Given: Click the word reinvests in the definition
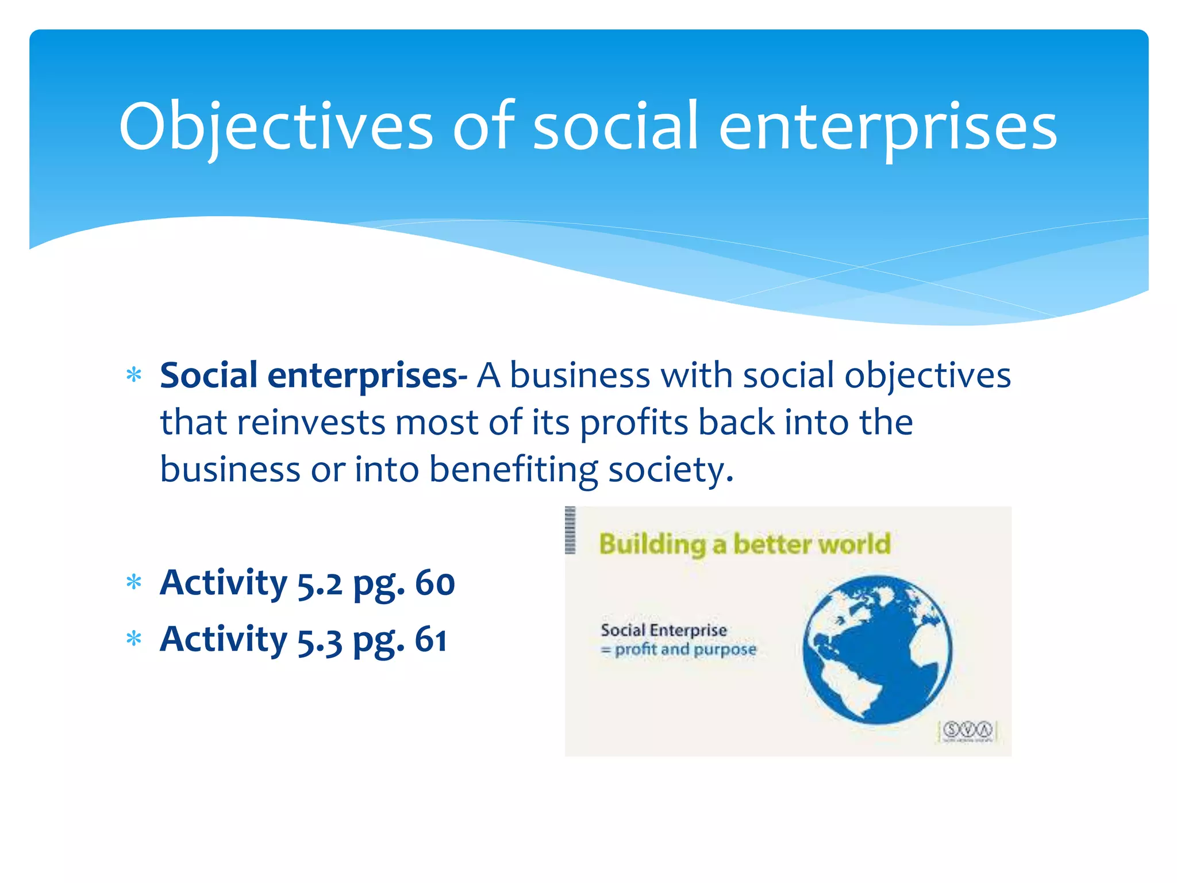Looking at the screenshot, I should (x=311, y=423).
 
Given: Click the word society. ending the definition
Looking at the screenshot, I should (x=671, y=470).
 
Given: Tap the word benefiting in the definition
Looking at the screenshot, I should (x=514, y=470).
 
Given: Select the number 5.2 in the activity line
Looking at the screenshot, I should (x=320, y=584).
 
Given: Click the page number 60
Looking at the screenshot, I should (x=434, y=583).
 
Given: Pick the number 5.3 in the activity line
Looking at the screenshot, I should (x=320, y=640).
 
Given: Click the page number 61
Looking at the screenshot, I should (x=431, y=639).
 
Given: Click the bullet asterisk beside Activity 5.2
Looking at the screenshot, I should (x=134, y=583).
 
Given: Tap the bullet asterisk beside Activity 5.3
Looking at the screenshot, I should (x=134, y=639).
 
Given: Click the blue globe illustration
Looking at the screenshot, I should (x=878, y=650).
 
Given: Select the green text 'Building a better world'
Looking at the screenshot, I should (x=744, y=544).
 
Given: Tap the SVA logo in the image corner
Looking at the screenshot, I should (x=968, y=730).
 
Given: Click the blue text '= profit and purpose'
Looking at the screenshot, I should (x=679, y=650).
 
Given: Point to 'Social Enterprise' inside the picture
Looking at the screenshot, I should (x=664, y=630).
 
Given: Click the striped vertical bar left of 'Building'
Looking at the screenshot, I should (x=570, y=530).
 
